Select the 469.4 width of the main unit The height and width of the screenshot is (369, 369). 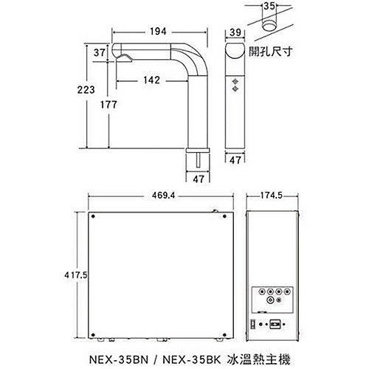pos(158,196)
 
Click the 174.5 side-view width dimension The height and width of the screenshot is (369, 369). pos(273,196)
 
